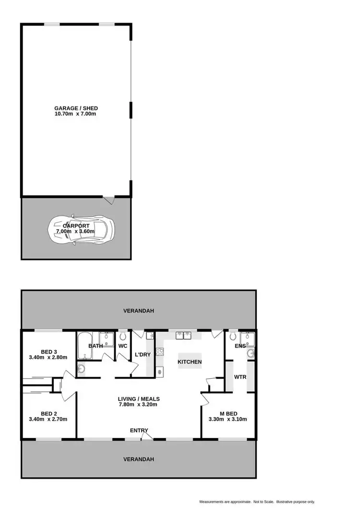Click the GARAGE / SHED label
(x=76, y=108)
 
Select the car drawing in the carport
(x=82, y=229)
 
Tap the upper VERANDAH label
(x=138, y=311)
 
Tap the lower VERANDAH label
(x=138, y=459)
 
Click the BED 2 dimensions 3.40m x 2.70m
(x=48, y=419)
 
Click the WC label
(x=122, y=345)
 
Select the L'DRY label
(x=143, y=355)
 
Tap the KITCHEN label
(x=190, y=362)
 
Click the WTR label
(x=240, y=377)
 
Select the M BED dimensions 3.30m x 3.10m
(x=228, y=419)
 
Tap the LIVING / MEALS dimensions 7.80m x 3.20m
(x=139, y=405)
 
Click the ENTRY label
(x=139, y=430)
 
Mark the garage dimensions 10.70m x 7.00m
(x=76, y=114)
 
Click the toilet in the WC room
(x=123, y=334)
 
